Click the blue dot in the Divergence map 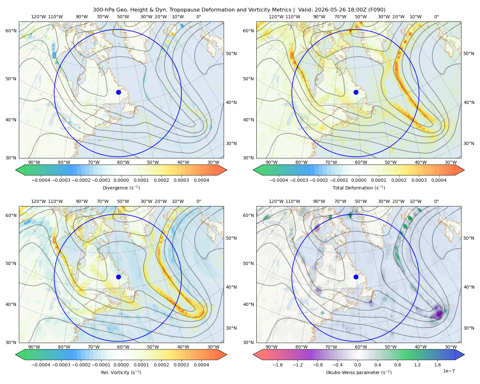[x=118, y=92]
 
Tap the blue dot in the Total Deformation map [x=356, y=92]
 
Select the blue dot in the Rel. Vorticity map [x=118, y=277]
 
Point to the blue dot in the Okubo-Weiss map [x=356, y=277]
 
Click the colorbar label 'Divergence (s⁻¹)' [x=121, y=188]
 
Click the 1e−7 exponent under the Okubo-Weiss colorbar [x=449, y=371]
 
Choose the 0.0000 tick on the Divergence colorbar [x=121, y=180]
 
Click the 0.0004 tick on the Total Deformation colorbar [x=439, y=180]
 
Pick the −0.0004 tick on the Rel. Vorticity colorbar [x=41, y=364]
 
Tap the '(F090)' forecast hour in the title [x=377, y=10]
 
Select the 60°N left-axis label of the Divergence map [x=11, y=31]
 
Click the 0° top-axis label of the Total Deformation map [x=436, y=17]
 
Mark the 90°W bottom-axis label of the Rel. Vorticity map [x=34, y=347]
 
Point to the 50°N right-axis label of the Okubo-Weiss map [x=468, y=238]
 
